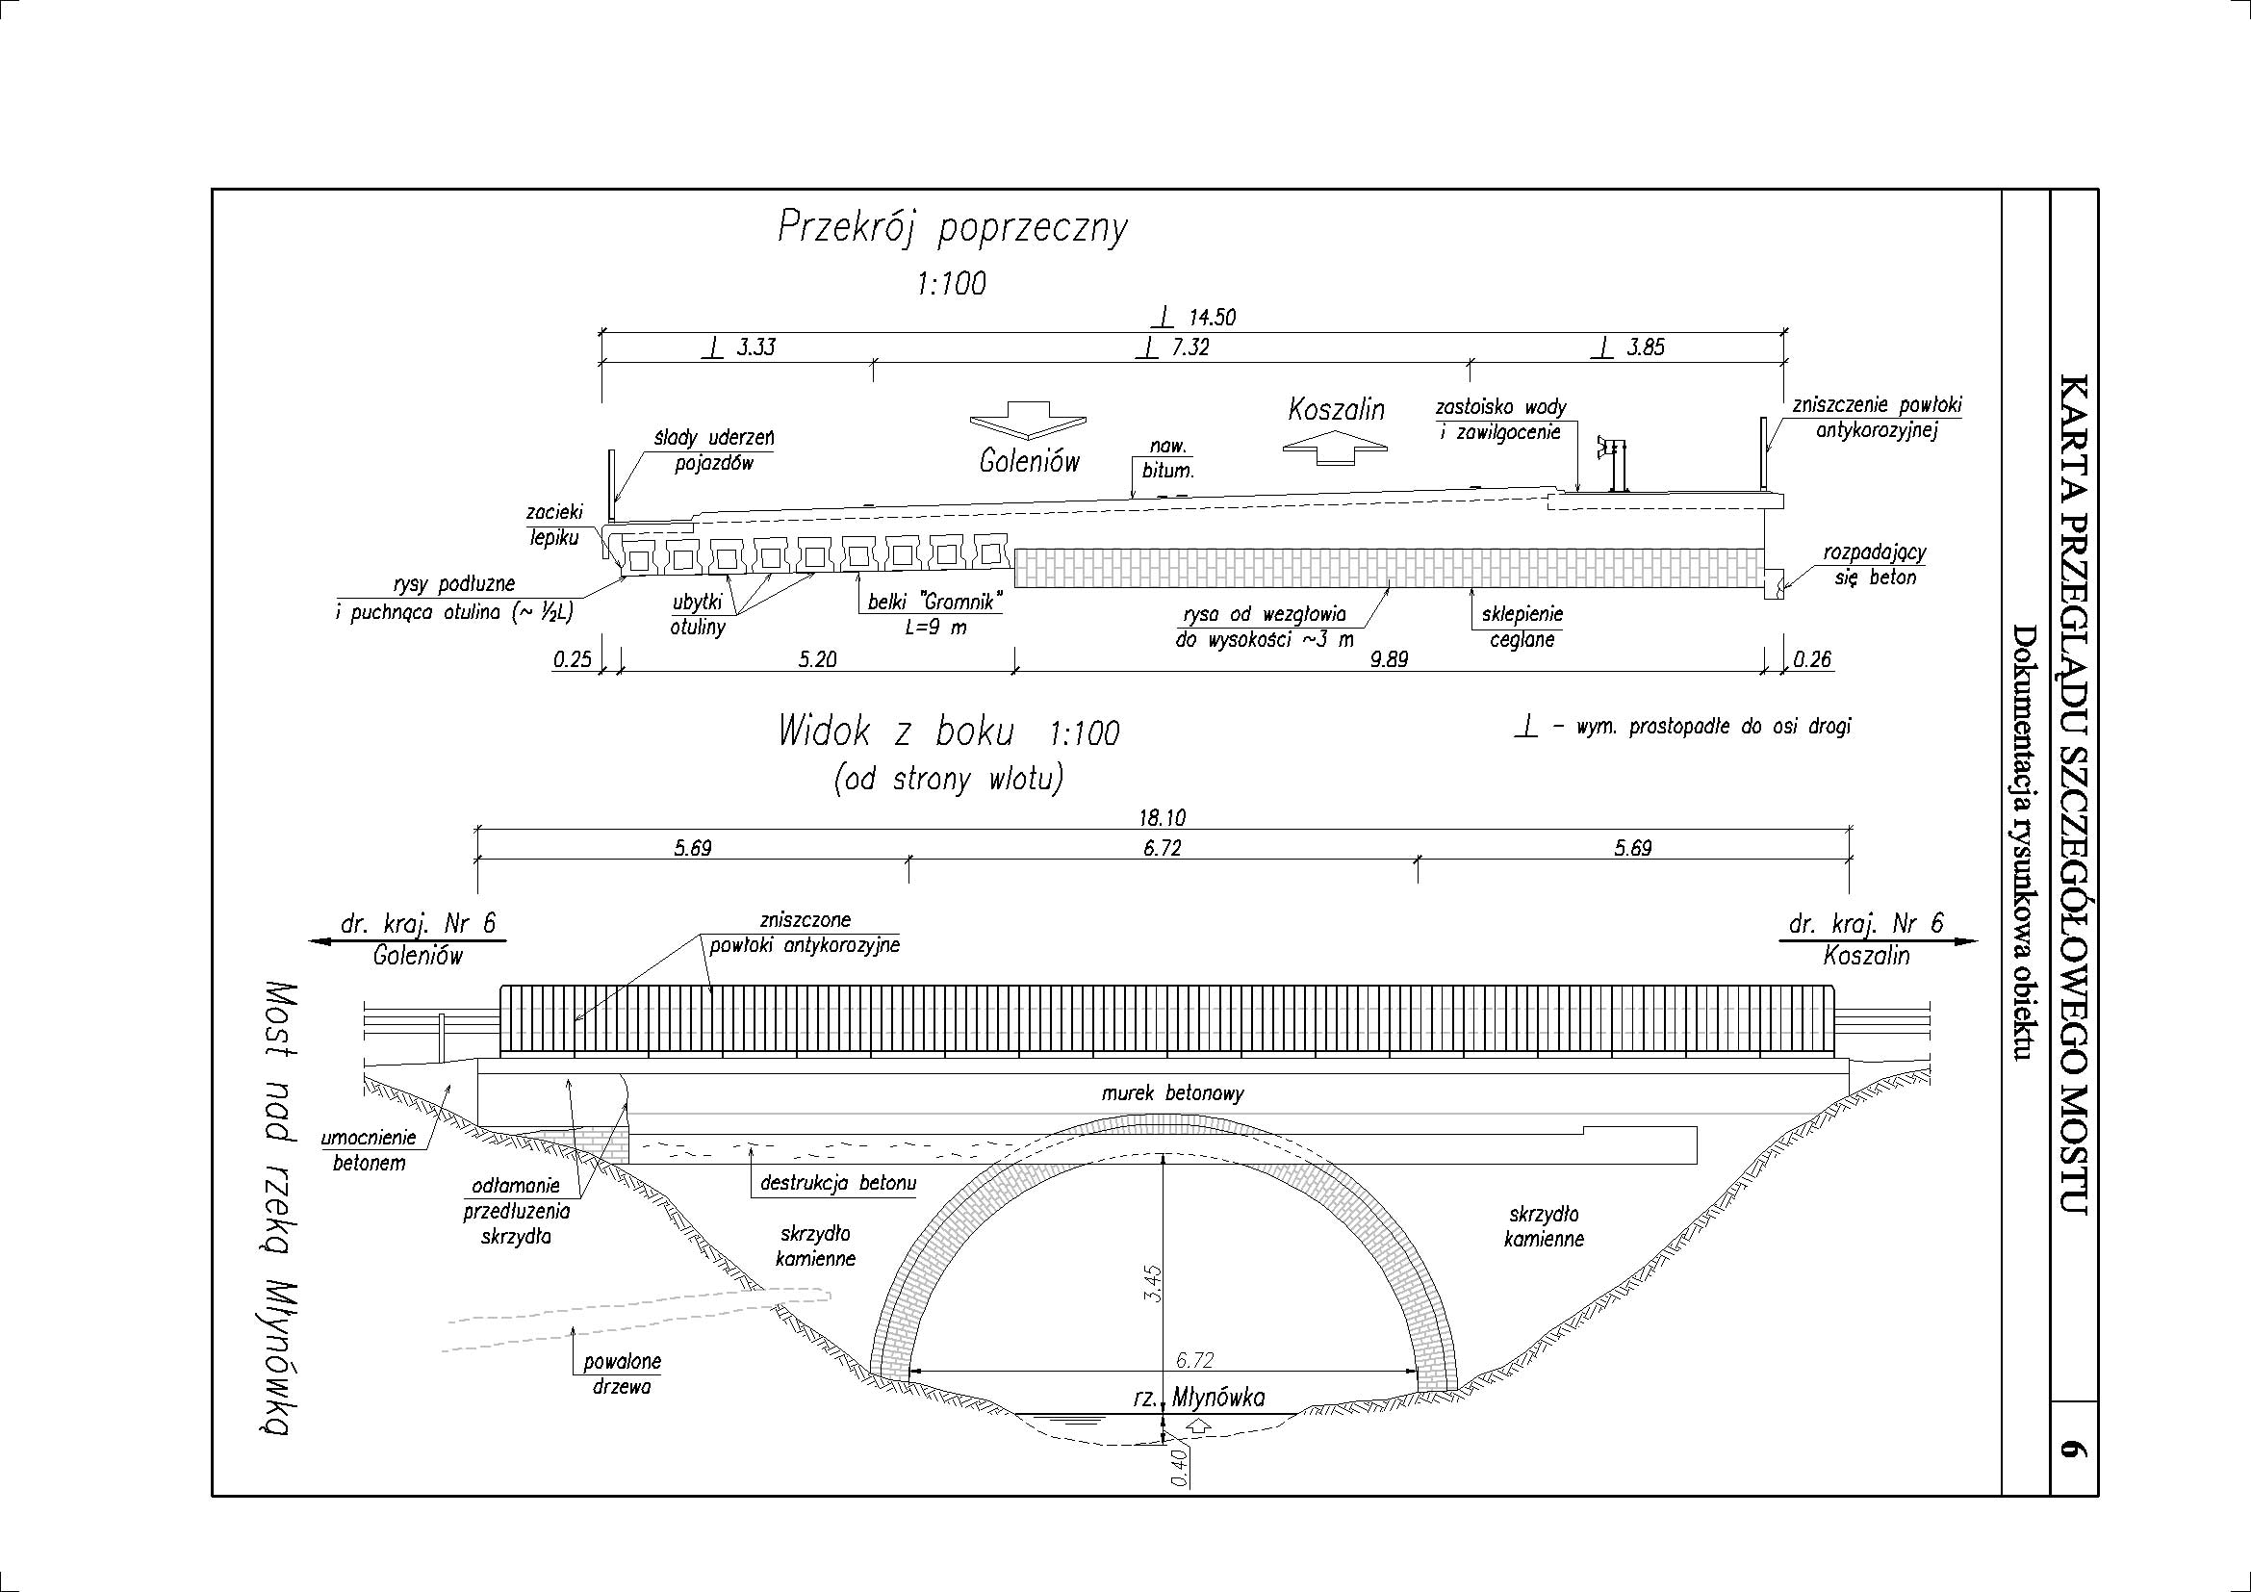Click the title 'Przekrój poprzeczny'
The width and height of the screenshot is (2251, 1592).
(x=952, y=228)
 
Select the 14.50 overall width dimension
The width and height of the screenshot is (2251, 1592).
(x=1212, y=318)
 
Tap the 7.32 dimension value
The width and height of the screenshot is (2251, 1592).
(x=1190, y=347)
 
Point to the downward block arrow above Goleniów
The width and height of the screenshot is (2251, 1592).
(x=1028, y=420)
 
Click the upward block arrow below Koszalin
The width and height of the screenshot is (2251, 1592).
(x=1337, y=449)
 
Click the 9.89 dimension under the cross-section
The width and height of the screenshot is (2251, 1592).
(x=1390, y=659)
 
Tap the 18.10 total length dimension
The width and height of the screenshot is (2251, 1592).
(x=1163, y=817)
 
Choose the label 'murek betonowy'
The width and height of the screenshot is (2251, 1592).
(x=1172, y=1092)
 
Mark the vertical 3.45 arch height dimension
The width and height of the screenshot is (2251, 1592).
(x=1154, y=1282)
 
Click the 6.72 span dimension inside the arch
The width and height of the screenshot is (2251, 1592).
(x=1195, y=1360)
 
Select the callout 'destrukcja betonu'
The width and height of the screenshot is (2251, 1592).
(x=838, y=1183)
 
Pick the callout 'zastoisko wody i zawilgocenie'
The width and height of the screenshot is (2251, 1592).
(x=1500, y=419)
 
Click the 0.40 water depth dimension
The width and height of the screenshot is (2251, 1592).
(x=1180, y=1468)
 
